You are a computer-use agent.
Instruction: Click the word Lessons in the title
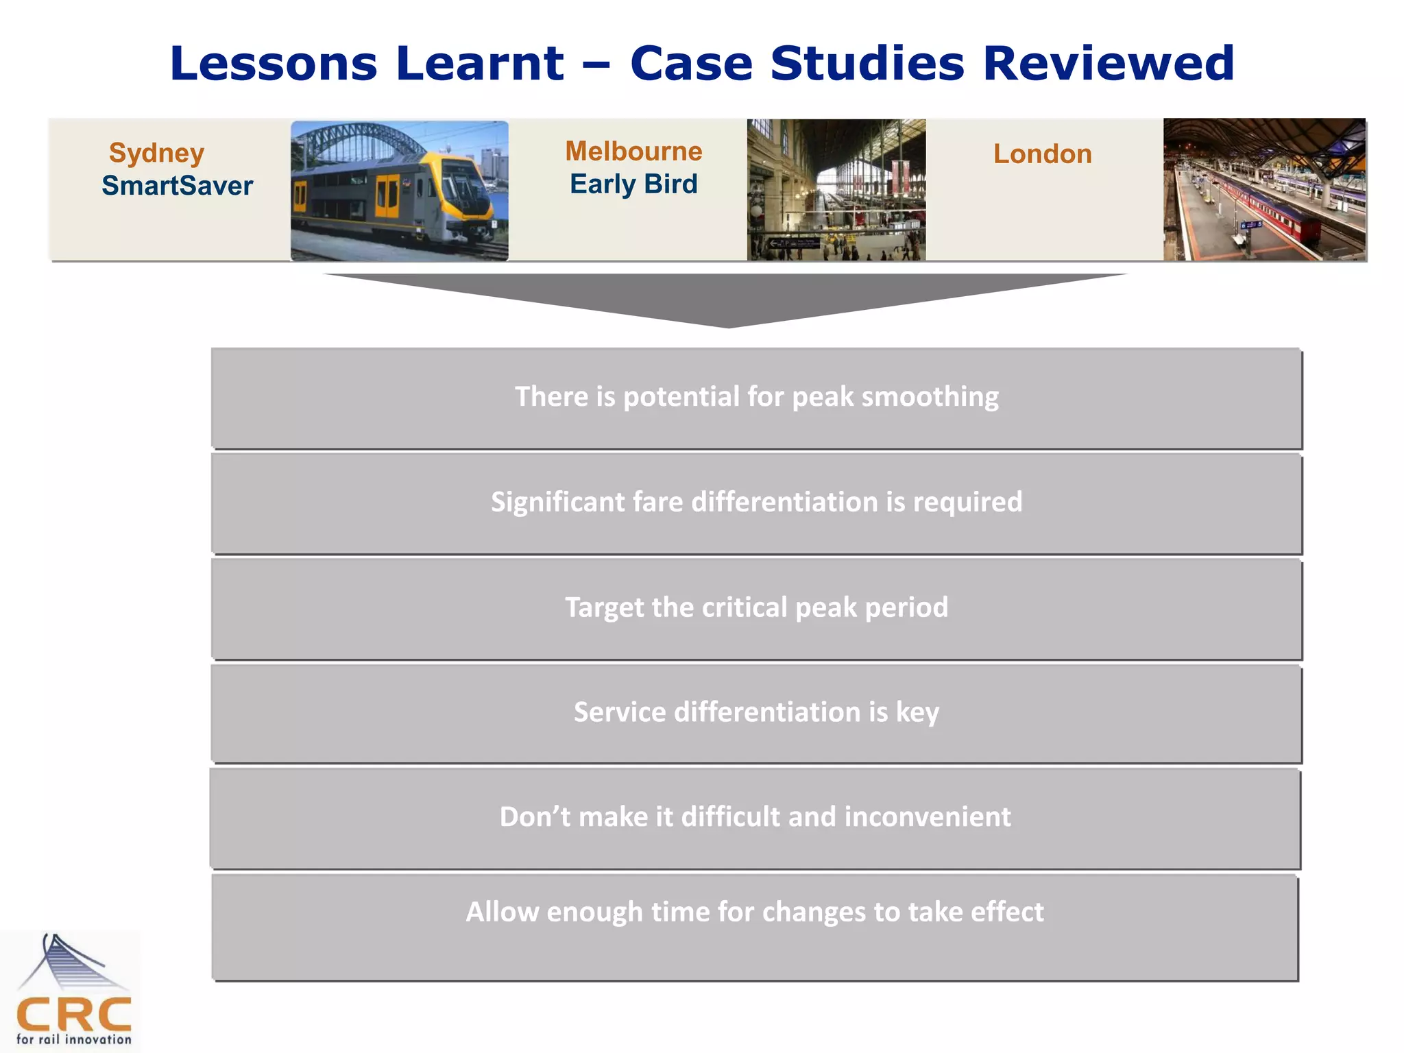[x=273, y=63]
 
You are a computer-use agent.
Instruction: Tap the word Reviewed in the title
[x=1108, y=63]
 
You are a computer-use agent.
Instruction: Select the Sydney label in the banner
[x=156, y=152]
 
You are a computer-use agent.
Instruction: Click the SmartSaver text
[x=177, y=186]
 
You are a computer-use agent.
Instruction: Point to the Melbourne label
[x=633, y=151]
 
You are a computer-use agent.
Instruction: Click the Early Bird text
[x=633, y=184]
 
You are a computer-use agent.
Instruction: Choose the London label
[x=1042, y=154]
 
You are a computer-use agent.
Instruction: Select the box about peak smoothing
[x=756, y=398]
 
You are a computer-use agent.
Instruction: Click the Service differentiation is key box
[x=756, y=713]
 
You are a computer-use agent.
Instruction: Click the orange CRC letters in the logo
[x=73, y=1015]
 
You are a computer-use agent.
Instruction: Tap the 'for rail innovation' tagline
[x=73, y=1039]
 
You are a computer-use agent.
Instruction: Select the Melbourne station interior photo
[x=836, y=190]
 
